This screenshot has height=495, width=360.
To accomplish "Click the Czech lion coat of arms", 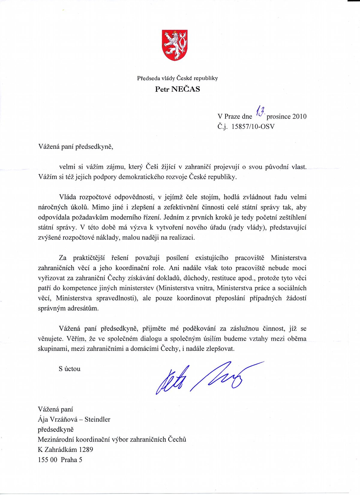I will (175, 45).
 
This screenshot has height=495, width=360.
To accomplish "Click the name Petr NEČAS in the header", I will (177, 89).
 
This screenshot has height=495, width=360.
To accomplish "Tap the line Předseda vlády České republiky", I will (177, 78).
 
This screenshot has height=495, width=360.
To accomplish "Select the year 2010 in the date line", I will (299, 116).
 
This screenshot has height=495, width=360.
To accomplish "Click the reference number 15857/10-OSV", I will (253, 126).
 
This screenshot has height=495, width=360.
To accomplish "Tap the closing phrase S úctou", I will (70, 369).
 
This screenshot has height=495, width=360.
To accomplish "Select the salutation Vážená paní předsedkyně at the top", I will (76, 147).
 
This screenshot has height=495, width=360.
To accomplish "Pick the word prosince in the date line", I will (278, 116).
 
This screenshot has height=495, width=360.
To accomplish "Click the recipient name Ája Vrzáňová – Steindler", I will (74, 419).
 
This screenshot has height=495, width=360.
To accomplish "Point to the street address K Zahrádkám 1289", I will (65, 450).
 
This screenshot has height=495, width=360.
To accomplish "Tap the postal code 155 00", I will (47, 460).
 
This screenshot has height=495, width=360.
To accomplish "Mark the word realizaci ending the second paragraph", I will (182, 238).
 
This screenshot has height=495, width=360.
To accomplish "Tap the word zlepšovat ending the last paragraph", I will (220, 349).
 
